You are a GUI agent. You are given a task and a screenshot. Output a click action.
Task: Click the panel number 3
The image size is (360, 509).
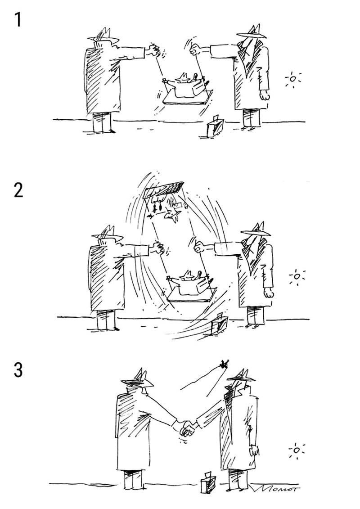pos(18,370)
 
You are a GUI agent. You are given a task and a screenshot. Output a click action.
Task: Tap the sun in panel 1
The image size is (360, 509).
pos(293,79)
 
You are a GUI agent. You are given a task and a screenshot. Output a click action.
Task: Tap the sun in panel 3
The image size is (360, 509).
pos(296,450)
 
